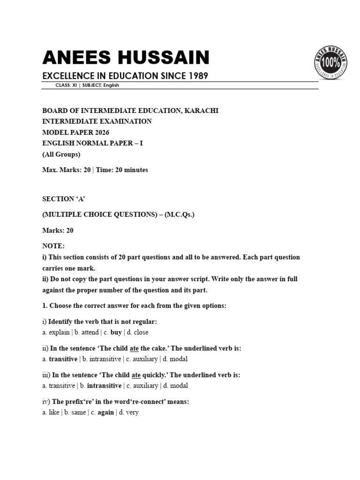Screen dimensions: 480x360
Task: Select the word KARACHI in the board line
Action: pyautogui.click(x=202, y=111)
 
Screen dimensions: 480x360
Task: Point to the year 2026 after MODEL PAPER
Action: pyautogui.click(x=101, y=132)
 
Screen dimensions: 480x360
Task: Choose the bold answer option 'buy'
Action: pyautogui.click(x=116, y=332)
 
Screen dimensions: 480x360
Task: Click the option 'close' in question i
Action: pyautogui.click(x=141, y=332)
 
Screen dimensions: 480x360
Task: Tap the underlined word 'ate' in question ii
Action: pyautogui.click(x=135, y=349)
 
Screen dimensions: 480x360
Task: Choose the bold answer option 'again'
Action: pyautogui.click(x=105, y=412)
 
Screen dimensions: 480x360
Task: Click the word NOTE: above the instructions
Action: pyautogui.click(x=53, y=246)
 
